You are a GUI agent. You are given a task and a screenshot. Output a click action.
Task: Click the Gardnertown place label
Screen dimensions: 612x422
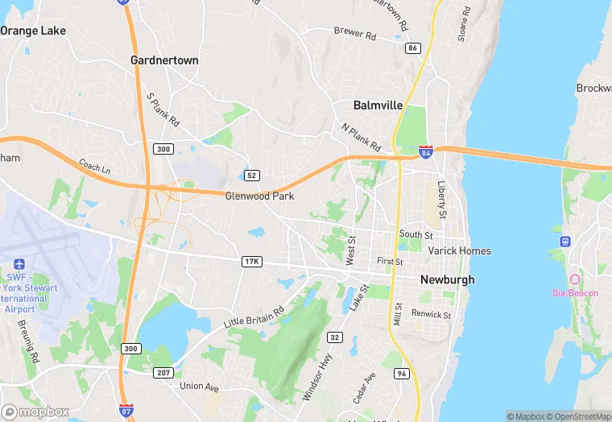[164, 60]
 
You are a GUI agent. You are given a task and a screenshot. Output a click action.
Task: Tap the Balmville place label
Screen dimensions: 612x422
[378, 105]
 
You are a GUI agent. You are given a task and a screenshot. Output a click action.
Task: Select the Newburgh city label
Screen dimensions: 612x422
[447, 280]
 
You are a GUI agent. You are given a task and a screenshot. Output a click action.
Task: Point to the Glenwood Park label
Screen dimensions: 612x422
[259, 196]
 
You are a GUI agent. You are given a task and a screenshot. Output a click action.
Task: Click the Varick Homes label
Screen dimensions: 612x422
[459, 250]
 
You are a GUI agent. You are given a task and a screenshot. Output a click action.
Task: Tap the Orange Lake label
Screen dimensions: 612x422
[32, 31]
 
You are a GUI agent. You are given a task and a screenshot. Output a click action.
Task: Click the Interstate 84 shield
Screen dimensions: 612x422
[426, 151]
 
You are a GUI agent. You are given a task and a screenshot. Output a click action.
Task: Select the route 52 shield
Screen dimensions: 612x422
[251, 176]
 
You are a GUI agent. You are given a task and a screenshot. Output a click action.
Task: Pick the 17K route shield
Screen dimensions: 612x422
[251, 262]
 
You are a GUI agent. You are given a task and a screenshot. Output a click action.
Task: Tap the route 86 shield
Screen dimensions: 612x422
[413, 48]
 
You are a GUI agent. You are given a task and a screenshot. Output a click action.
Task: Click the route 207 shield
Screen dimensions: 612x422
[164, 372]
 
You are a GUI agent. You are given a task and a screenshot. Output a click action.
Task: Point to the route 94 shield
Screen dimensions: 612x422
[402, 374]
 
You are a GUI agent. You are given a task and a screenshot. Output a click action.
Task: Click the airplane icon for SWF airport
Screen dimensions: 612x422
[19, 265]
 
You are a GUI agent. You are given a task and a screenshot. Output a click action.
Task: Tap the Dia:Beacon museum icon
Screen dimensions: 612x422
[574, 279]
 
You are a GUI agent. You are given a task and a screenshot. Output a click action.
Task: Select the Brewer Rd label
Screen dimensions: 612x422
[355, 34]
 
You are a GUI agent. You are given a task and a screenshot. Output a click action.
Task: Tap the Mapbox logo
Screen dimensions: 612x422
[36, 412]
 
